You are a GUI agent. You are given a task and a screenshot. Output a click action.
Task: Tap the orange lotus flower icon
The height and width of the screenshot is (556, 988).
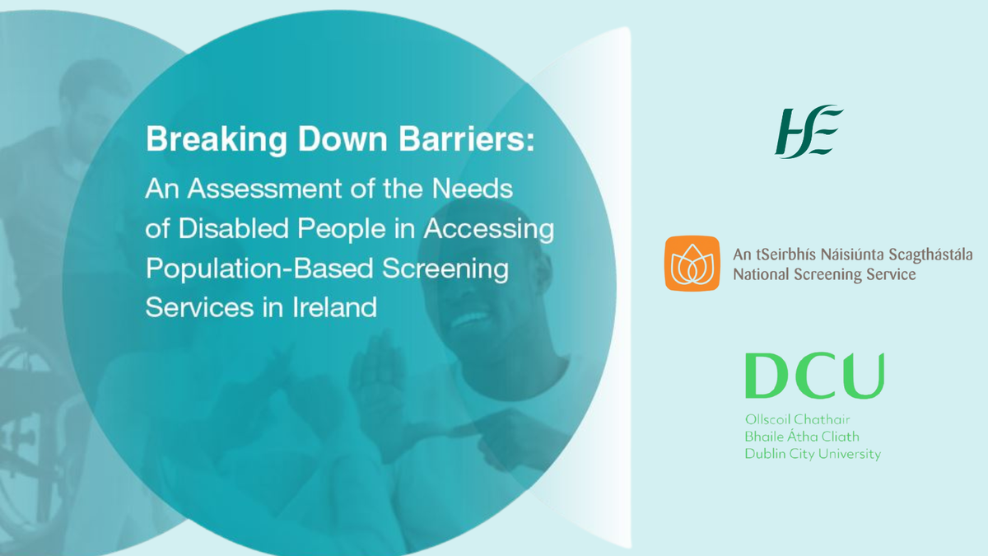692,264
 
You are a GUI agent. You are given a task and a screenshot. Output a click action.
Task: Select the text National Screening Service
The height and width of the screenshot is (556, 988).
824,275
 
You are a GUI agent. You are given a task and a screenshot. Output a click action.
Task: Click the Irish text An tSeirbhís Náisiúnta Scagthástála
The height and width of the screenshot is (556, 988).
852,255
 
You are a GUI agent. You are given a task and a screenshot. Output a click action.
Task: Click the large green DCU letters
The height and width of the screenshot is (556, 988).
814,376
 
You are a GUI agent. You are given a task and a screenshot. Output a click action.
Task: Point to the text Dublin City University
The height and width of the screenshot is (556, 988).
813,454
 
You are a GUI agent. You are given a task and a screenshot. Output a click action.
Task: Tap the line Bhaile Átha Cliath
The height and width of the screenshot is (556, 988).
802,437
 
